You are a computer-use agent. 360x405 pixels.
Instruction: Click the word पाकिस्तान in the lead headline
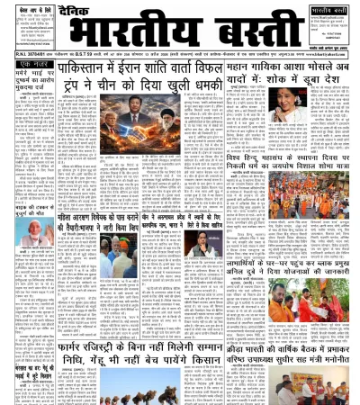(x=85, y=71)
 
